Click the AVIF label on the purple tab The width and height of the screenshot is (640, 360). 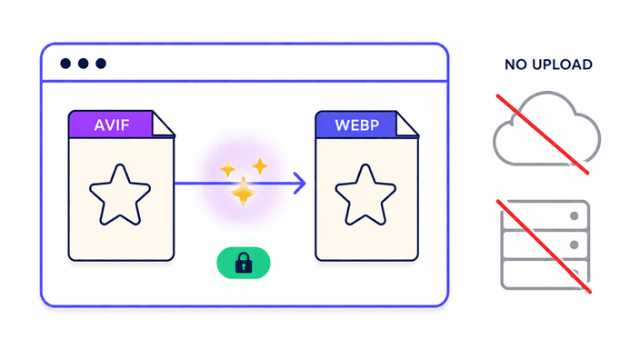(112, 125)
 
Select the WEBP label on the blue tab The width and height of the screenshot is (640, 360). (356, 125)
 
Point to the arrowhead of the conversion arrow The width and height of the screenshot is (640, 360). (301, 184)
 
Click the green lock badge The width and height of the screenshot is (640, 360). (244, 263)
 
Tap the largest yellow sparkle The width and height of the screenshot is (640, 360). (244, 192)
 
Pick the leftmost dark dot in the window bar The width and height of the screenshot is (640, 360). (65, 64)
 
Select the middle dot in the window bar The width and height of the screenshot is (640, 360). (84, 64)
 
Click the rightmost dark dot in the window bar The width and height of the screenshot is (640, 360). (101, 64)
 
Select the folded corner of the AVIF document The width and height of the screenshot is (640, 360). (164, 125)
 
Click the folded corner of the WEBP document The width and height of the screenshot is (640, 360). (407, 125)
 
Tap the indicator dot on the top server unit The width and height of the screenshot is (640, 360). (575, 216)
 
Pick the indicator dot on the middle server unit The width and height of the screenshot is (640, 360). (575, 245)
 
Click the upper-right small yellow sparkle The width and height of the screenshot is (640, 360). (260, 166)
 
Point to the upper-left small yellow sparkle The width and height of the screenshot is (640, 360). (228, 169)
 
